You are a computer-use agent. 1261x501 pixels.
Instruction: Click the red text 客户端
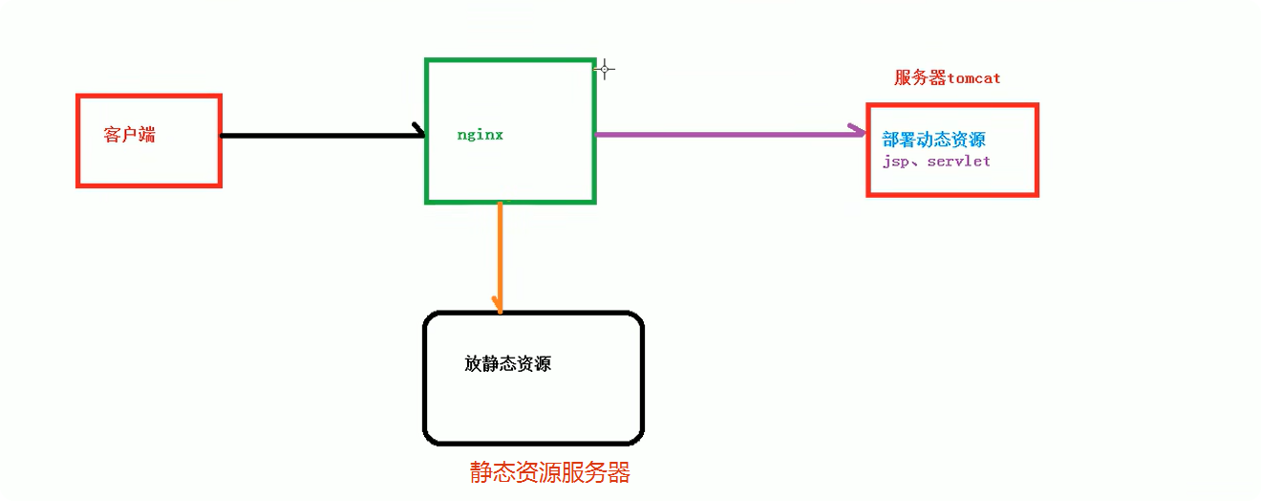(129, 135)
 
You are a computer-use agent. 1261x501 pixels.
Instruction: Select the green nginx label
(480, 135)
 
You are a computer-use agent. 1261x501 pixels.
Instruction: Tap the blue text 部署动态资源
(933, 141)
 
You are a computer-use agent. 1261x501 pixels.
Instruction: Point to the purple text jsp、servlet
(936, 162)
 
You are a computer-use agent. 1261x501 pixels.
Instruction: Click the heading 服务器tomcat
(947, 78)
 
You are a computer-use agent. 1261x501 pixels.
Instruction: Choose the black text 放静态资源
(507, 364)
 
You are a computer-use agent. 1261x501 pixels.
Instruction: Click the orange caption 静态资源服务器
(549, 472)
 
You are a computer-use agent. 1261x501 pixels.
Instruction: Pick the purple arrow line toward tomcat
(726, 134)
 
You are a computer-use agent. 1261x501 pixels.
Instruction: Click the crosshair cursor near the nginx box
(604, 69)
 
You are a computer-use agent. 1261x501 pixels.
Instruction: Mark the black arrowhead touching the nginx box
(418, 131)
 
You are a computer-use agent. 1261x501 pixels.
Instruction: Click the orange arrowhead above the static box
(499, 305)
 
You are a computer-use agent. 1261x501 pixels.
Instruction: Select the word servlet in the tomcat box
(958, 162)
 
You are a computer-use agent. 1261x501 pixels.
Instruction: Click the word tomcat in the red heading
(973, 78)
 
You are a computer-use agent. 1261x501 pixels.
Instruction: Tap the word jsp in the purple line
(895, 162)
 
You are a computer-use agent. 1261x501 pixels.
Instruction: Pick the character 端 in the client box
(146, 135)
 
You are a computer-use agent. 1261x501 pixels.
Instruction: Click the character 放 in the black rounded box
(473, 364)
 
